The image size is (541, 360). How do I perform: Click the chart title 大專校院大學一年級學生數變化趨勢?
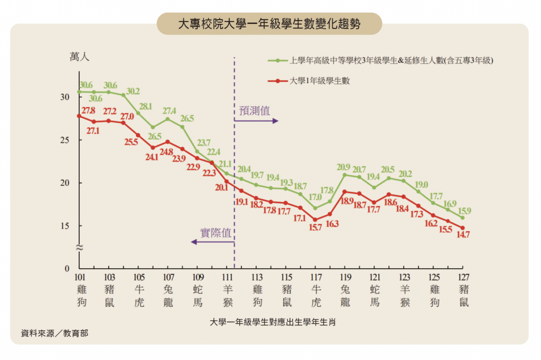(269, 24)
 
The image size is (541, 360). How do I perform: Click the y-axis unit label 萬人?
(79, 57)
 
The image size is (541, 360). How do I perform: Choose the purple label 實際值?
(216, 233)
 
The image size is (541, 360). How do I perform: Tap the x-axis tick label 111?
(228, 278)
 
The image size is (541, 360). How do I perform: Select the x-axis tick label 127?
(464, 278)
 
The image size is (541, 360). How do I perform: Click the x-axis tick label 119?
(346, 278)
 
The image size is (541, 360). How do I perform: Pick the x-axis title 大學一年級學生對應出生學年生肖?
(273, 321)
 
